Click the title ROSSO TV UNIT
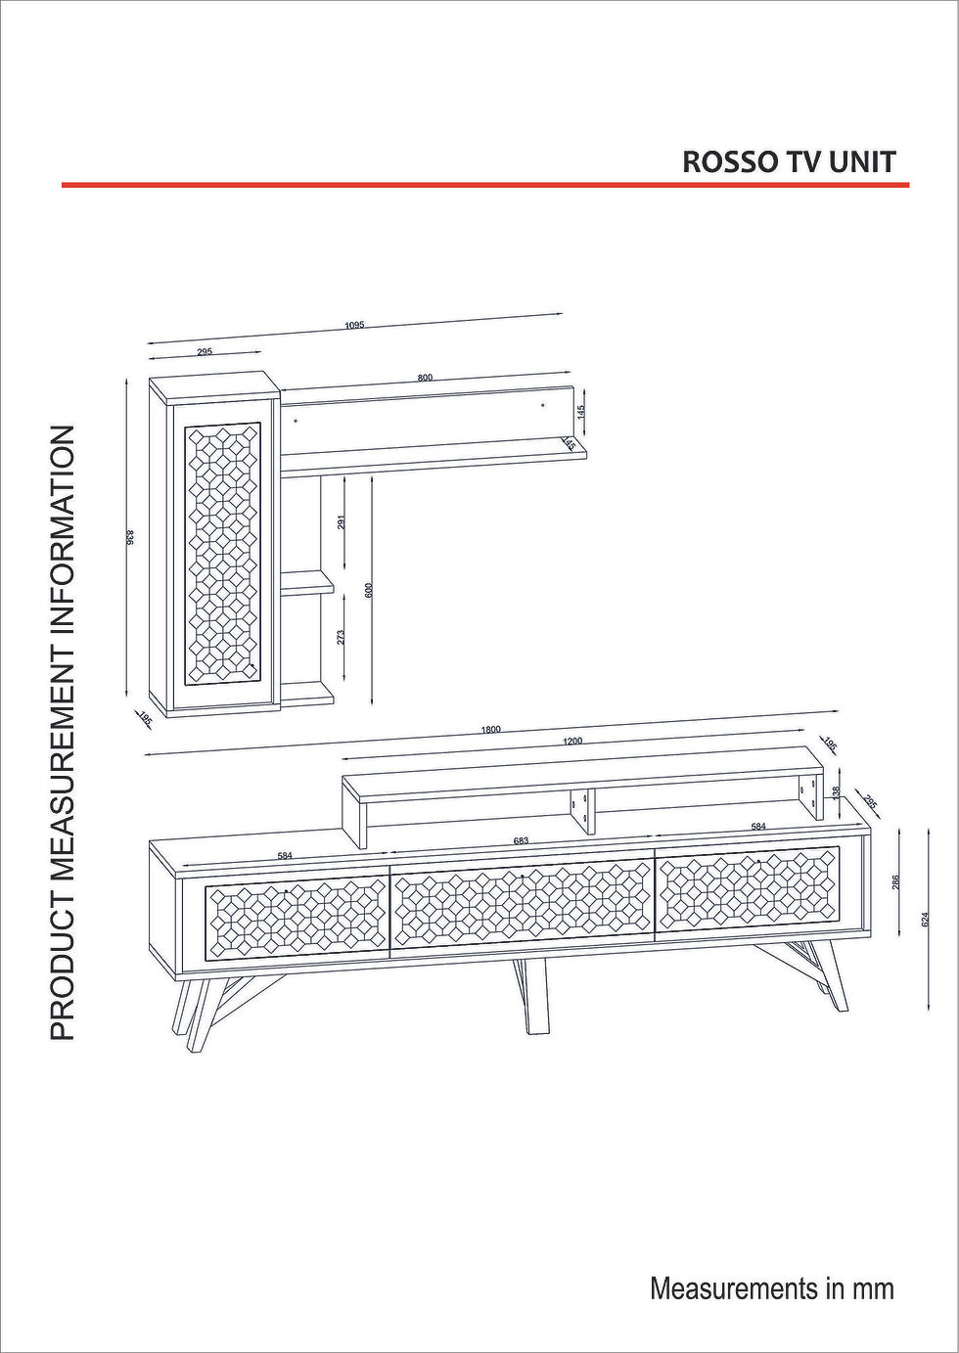pos(789,162)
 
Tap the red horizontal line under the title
pos(485,185)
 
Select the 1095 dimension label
pos(354,325)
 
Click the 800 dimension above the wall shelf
pos(426,378)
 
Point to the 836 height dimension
pos(129,537)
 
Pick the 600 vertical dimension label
pos(369,590)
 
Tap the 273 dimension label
pos(341,637)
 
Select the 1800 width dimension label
pos(490,730)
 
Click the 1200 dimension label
pos(571,742)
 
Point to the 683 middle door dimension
pos(521,841)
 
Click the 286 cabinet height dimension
pos(896,883)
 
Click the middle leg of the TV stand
pos(530,997)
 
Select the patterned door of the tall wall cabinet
pos(222,553)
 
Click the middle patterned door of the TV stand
pos(523,902)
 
